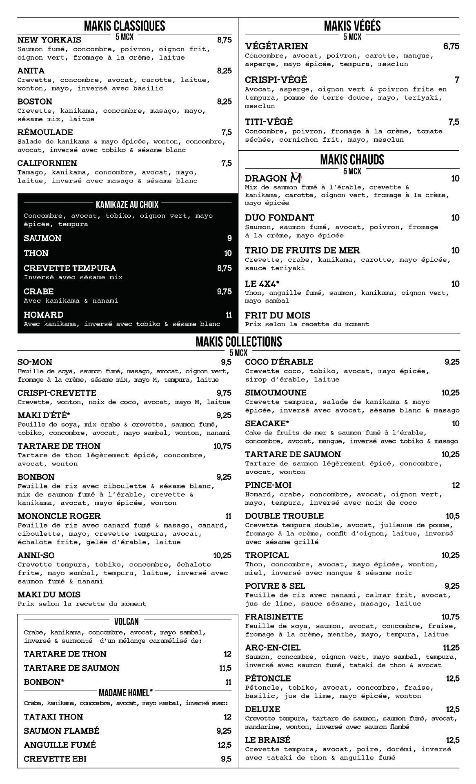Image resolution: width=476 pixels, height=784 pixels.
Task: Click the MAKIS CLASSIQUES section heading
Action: pyautogui.click(x=125, y=26)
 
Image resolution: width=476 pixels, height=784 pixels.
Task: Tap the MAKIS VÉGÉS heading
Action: pyautogui.click(x=352, y=26)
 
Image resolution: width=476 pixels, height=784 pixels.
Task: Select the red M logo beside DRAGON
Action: pyautogui.click(x=296, y=178)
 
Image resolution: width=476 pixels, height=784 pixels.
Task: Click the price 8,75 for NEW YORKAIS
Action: pyautogui.click(x=224, y=40)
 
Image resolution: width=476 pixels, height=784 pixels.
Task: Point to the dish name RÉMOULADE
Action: pyautogui.click(x=45, y=132)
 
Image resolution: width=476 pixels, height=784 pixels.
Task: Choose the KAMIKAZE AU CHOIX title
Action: pyautogui.click(x=127, y=204)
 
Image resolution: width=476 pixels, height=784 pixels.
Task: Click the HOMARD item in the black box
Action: pyautogui.click(x=44, y=315)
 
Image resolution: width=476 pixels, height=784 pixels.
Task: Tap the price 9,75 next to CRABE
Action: pyautogui.click(x=224, y=292)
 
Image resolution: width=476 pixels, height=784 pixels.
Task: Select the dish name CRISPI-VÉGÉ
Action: pyautogui.click(x=276, y=80)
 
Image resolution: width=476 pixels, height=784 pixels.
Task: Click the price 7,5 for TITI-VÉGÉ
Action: pyautogui.click(x=454, y=122)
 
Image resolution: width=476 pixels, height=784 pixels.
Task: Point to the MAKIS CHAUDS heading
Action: pyautogui.click(x=352, y=160)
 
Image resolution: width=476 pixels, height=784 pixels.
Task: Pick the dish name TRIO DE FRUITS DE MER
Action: pyautogui.click(x=303, y=250)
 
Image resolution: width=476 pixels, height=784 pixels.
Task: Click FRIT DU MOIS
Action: pyautogui.click(x=277, y=315)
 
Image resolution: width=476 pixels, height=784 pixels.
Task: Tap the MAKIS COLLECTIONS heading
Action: pyautogui.click(x=238, y=342)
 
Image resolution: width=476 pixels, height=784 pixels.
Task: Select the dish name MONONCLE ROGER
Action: pyautogui.click(x=59, y=516)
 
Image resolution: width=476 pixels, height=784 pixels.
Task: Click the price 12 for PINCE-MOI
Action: pyautogui.click(x=456, y=486)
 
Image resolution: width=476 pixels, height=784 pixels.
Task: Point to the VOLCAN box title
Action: pyautogui.click(x=127, y=621)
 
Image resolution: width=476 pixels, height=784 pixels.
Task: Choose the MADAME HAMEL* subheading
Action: pyautogui.click(x=126, y=693)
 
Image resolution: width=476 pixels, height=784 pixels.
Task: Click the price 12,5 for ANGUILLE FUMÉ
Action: pyautogui.click(x=224, y=745)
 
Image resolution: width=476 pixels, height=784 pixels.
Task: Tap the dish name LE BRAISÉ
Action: pyautogui.click(x=267, y=740)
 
